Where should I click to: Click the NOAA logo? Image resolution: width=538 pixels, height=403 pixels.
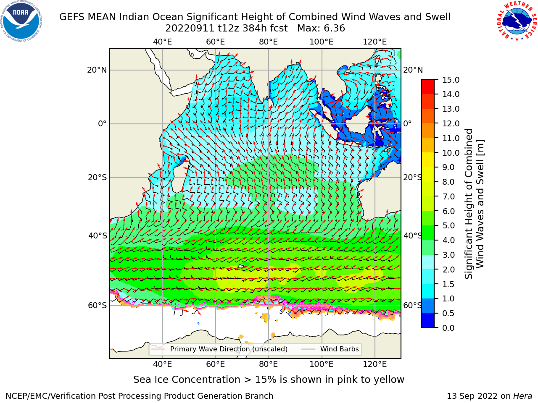click(x=21, y=21)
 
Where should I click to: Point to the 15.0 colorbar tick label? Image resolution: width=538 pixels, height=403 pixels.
click(x=451, y=80)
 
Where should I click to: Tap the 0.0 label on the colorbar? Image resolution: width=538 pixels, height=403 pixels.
click(x=448, y=328)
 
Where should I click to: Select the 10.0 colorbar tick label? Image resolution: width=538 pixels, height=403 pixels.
click(x=451, y=153)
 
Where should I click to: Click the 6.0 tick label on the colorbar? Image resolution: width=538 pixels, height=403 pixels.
click(x=448, y=211)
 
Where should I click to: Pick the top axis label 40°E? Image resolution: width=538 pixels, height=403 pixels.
click(x=163, y=42)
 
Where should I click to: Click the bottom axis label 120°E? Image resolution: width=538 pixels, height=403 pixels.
click(x=374, y=364)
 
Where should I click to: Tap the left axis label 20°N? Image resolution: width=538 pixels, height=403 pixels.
click(x=97, y=70)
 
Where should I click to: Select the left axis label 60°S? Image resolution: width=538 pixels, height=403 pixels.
click(x=98, y=305)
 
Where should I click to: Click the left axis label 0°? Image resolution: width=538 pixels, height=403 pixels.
click(x=102, y=123)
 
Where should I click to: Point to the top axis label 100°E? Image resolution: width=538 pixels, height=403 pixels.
click(x=322, y=42)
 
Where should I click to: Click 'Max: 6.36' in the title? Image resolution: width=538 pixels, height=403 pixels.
click(x=321, y=29)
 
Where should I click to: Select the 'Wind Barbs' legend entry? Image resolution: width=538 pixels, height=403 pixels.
click(x=330, y=349)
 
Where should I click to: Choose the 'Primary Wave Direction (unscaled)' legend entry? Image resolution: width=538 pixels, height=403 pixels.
click(x=219, y=349)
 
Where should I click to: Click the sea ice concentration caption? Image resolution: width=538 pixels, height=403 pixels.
click(x=269, y=379)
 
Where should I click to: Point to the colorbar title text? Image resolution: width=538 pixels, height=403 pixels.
click(x=474, y=204)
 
